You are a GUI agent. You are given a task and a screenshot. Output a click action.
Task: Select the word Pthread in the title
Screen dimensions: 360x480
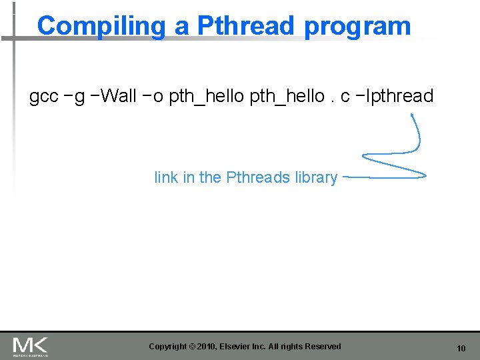click(x=245, y=26)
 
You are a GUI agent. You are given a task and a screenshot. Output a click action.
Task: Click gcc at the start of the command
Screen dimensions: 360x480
click(x=44, y=97)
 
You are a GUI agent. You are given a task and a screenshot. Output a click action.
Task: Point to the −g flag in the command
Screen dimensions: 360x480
click(x=75, y=97)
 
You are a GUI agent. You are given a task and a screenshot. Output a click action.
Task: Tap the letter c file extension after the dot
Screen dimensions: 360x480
click(x=345, y=97)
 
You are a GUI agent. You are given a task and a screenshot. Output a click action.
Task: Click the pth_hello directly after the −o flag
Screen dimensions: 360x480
click(x=207, y=97)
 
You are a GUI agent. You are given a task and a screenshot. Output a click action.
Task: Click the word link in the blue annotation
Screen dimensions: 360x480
click(x=166, y=177)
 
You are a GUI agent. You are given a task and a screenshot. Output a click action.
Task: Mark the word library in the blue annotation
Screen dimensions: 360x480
click(x=316, y=178)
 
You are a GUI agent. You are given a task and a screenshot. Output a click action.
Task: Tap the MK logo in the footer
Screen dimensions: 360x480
click(x=30, y=346)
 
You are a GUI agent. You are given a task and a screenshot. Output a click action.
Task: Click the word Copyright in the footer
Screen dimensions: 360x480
click(x=168, y=347)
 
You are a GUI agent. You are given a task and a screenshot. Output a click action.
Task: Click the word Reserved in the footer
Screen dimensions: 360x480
click(x=323, y=347)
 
